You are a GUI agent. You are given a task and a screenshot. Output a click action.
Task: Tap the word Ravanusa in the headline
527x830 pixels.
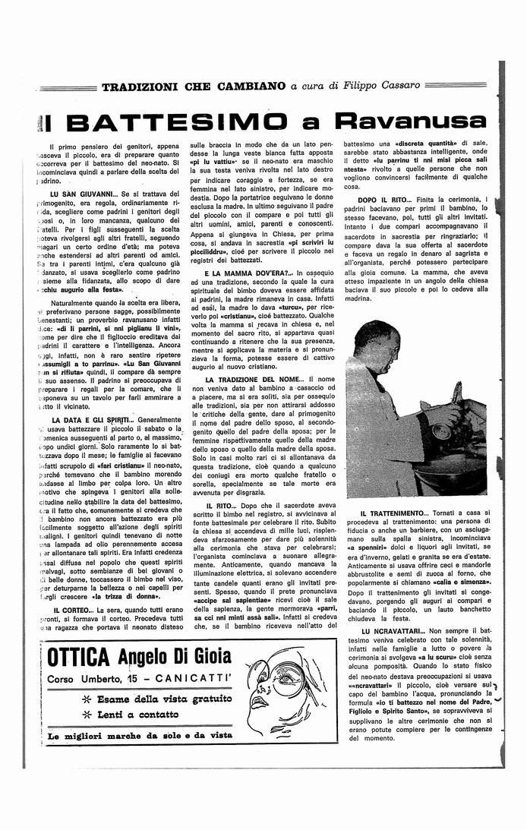coord(405,122)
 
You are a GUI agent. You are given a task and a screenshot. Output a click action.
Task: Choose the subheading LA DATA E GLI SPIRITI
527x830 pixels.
coord(95,419)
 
